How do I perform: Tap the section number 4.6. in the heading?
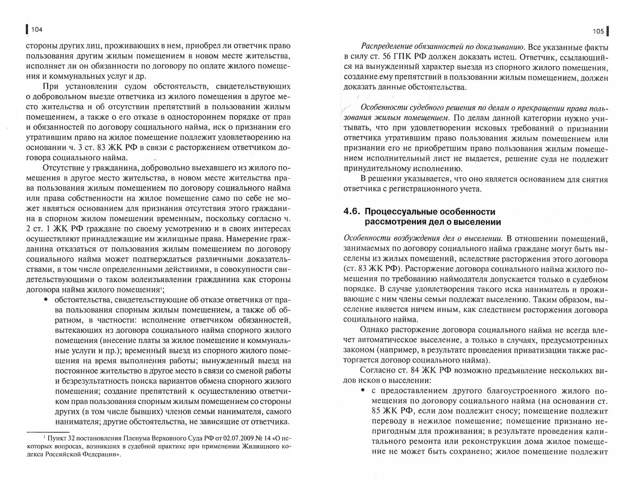coord(351,212)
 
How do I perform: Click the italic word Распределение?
coord(387,46)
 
